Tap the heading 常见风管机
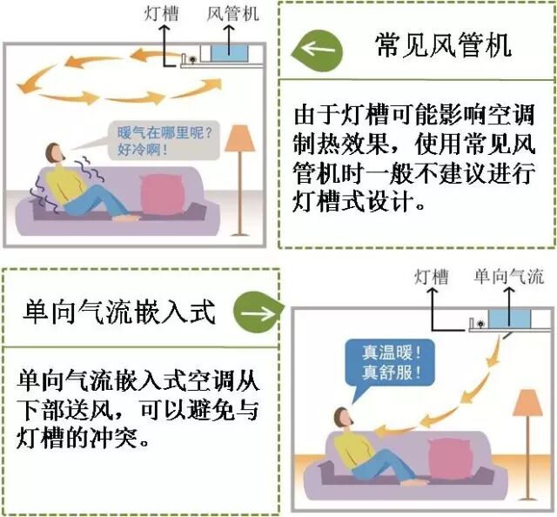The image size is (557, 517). click(442, 46)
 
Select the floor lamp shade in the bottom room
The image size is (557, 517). click(527, 403)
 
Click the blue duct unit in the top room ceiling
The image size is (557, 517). click(230, 53)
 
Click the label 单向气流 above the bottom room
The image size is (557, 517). click(508, 278)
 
